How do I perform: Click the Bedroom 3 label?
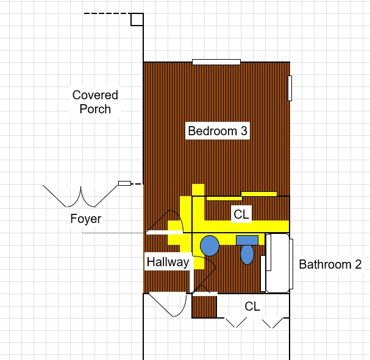(218, 131)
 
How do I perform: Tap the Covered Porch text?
(95, 102)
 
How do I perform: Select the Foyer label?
(86, 219)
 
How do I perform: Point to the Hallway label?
(168, 262)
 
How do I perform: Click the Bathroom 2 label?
(330, 264)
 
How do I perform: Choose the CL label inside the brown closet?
(241, 214)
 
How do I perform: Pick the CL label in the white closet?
(252, 306)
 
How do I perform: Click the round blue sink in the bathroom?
(210, 245)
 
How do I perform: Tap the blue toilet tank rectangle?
(247, 240)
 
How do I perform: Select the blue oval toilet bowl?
(247, 255)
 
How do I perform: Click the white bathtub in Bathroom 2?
(277, 263)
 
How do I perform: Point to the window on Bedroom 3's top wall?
(216, 62)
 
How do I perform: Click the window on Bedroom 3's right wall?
(290, 88)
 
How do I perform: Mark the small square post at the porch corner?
(137, 19)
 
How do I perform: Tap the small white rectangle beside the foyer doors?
(124, 183)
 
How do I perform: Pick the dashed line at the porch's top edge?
(108, 13)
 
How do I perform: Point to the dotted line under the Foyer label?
(113, 233)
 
